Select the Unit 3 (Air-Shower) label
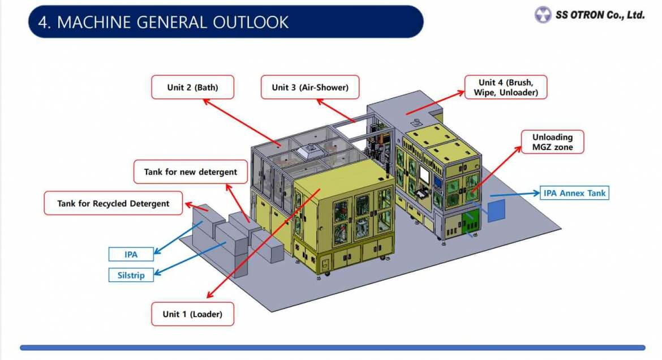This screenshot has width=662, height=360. (x=309, y=88)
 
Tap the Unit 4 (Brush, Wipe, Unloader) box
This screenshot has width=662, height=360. (x=505, y=87)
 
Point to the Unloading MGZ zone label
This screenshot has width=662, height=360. (x=552, y=142)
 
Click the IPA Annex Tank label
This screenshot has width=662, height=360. (x=574, y=193)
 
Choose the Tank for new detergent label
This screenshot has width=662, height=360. (x=191, y=172)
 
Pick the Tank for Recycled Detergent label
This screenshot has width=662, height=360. (x=113, y=203)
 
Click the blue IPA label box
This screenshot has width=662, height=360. (x=131, y=255)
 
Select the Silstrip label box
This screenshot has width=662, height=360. (x=131, y=276)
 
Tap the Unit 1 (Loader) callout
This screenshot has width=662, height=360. (x=192, y=314)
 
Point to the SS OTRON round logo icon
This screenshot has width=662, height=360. (x=543, y=15)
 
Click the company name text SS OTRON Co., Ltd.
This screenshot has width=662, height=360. (x=599, y=15)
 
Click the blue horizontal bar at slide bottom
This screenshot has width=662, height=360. (x=332, y=348)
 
